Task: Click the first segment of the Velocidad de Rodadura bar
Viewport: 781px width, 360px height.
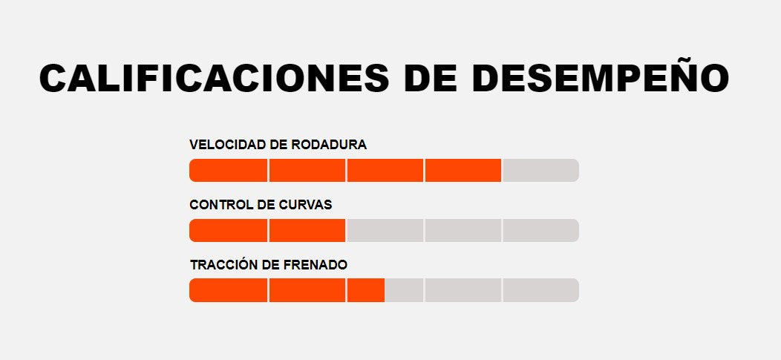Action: click(228, 170)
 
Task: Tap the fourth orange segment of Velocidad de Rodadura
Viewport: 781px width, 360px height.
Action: click(463, 170)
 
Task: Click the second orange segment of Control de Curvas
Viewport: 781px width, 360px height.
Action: click(307, 230)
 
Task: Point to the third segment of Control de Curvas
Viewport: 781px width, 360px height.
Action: click(385, 230)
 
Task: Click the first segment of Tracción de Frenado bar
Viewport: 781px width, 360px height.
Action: click(228, 290)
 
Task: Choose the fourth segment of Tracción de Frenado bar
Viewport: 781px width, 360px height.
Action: click(463, 290)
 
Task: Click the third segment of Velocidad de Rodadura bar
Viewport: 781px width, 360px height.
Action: click(385, 170)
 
